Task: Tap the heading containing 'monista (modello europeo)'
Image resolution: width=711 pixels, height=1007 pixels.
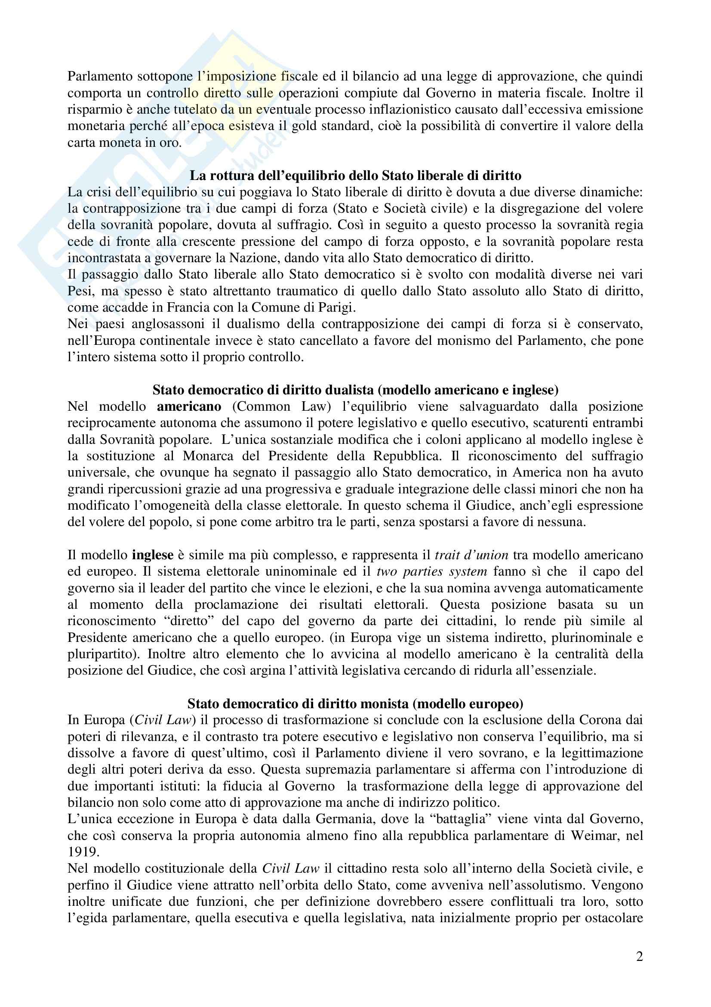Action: tap(355, 703)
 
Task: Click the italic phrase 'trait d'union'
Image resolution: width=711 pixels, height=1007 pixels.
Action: tap(471, 555)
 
